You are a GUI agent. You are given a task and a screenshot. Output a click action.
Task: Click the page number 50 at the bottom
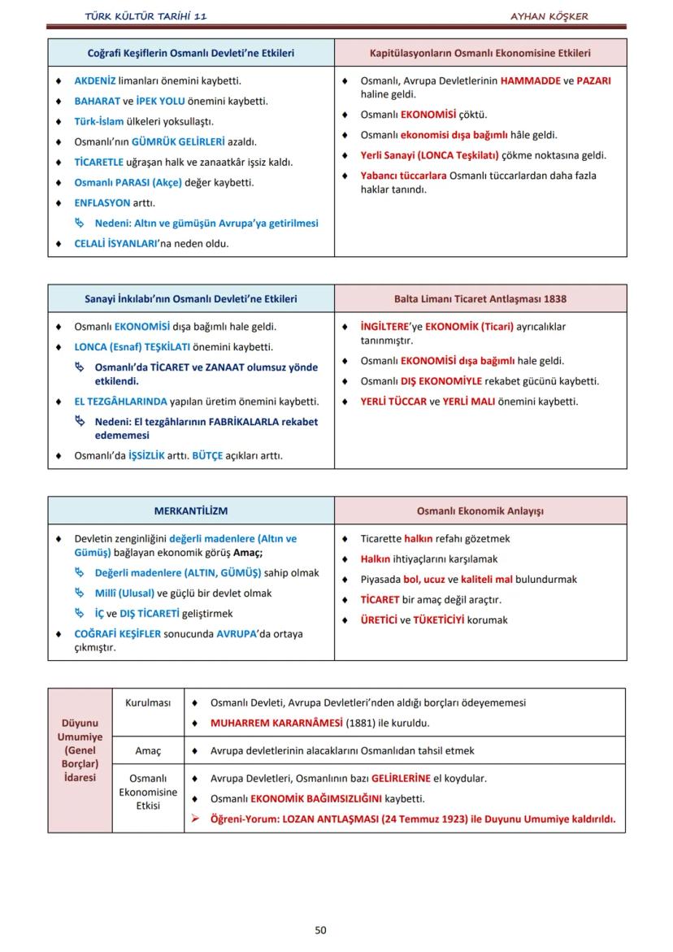[320, 930]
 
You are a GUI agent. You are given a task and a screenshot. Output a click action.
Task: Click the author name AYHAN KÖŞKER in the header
[549, 16]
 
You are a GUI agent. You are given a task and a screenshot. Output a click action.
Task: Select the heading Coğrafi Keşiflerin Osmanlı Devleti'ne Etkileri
[191, 53]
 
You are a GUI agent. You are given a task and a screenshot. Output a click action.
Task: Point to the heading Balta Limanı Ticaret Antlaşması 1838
[480, 298]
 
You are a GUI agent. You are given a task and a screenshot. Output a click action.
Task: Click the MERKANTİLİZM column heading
[191, 511]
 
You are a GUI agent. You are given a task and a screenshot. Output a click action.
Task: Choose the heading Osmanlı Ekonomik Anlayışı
[480, 511]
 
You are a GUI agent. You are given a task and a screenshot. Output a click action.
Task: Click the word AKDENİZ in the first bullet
[95, 81]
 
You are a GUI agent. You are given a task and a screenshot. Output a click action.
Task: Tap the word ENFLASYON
[102, 202]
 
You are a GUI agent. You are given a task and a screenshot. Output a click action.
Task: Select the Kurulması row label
[148, 702]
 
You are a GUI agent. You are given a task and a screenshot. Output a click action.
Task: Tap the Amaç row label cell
[148, 750]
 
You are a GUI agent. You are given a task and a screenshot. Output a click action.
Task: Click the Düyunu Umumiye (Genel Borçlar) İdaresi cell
[80, 750]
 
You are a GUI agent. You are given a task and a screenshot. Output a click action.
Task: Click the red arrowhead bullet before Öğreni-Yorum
[195, 818]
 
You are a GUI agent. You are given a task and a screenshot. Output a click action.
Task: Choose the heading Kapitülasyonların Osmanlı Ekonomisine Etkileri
[480, 53]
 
